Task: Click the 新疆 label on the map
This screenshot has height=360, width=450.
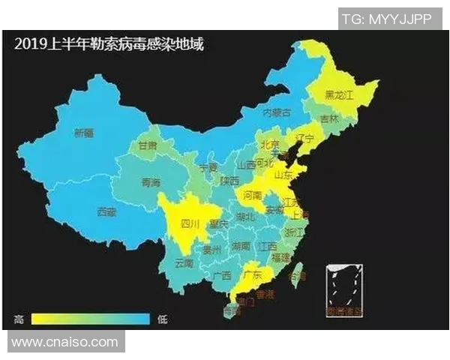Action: (x=84, y=133)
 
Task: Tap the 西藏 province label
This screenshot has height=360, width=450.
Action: (x=107, y=212)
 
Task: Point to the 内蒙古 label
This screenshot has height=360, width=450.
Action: (x=276, y=112)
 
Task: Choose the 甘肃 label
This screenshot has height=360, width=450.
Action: (x=148, y=145)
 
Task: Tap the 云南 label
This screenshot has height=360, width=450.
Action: (x=184, y=264)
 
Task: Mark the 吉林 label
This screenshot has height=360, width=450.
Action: (x=328, y=119)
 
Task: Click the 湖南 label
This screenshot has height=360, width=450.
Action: (x=241, y=245)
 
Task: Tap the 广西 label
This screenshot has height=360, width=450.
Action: (x=222, y=275)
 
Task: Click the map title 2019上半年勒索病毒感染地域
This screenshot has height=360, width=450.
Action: (x=108, y=43)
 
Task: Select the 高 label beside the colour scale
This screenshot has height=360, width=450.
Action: (x=17, y=319)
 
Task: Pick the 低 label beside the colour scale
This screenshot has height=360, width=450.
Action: (x=162, y=319)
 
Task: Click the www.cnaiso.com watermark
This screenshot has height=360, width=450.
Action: (x=64, y=343)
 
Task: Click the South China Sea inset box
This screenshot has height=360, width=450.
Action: (x=344, y=288)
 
